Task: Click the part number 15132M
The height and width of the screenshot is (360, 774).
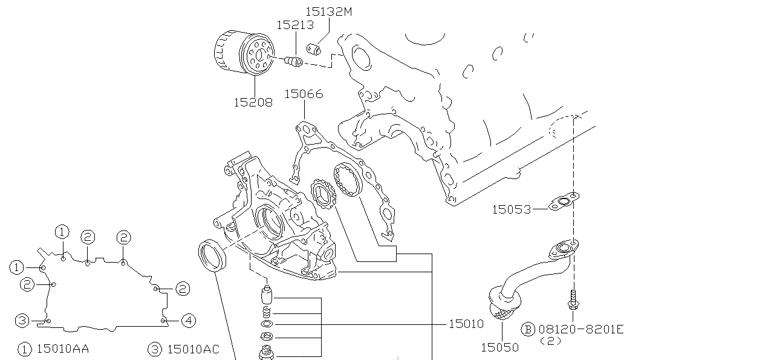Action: (328, 11)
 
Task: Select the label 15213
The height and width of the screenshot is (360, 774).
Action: (295, 25)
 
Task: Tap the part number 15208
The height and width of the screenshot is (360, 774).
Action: (253, 102)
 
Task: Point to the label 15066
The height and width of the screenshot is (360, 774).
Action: (304, 94)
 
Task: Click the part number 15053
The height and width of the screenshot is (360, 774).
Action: (511, 209)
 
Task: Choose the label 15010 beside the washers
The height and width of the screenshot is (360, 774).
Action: (466, 324)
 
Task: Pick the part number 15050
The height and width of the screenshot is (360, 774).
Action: (499, 347)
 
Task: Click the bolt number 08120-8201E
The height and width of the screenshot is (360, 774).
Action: (581, 329)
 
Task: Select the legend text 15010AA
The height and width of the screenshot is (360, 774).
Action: (63, 349)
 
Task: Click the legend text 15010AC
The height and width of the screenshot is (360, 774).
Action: (193, 349)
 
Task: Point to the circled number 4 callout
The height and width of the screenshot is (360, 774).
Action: (189, 320)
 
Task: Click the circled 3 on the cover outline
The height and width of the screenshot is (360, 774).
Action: (22, 320)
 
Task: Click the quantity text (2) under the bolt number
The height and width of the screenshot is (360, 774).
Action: (550, 341)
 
